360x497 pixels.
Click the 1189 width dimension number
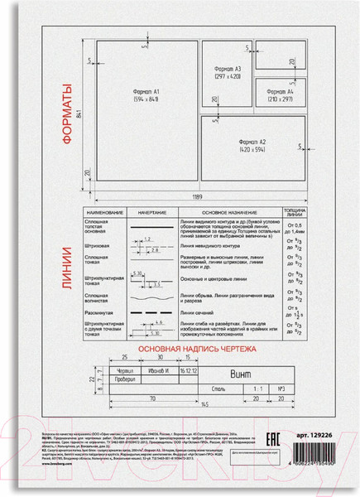(x=199, y=198)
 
